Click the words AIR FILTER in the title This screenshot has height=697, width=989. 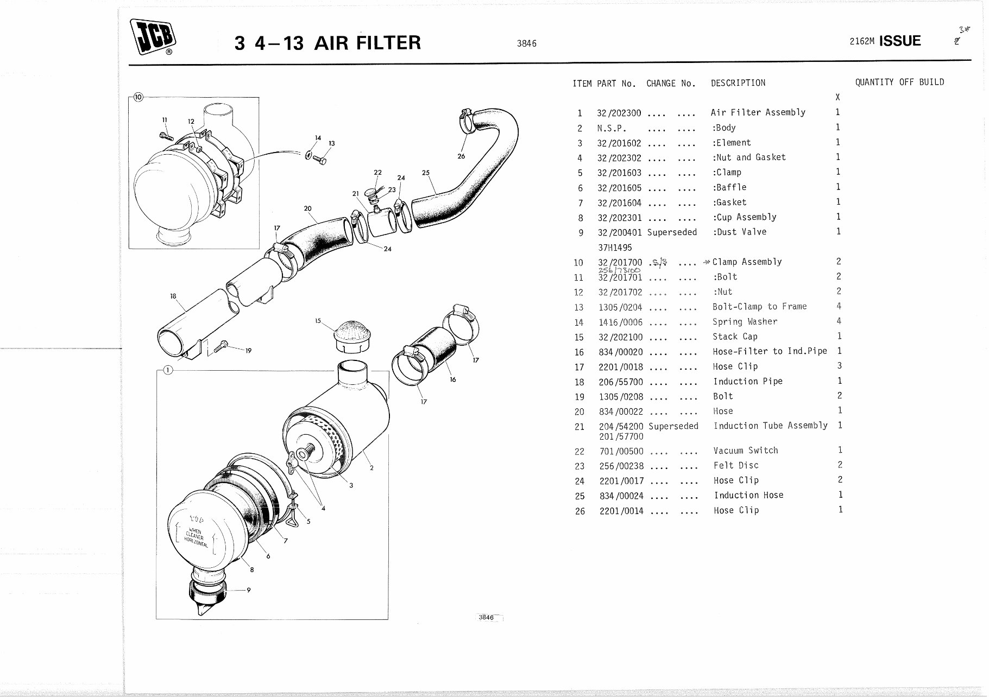[367, 42]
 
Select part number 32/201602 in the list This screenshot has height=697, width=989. [619, 143]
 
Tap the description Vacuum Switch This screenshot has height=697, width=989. [745, 451]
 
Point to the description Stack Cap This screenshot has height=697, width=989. [734, 337]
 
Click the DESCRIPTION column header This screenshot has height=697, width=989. [738, 83]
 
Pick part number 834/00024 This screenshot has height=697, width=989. [621, 496]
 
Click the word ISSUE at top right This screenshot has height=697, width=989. [899, 41]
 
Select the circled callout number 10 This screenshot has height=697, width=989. [138, 97]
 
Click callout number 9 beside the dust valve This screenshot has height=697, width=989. [248, 590]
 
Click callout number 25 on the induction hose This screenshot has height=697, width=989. [425, 173]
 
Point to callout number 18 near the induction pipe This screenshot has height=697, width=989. [173, 296]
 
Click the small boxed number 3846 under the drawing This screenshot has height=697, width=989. [487, 618]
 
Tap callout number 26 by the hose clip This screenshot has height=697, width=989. [461, 156]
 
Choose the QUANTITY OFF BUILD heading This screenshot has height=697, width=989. [899, 83]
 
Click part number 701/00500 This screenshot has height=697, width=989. [621, 451]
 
